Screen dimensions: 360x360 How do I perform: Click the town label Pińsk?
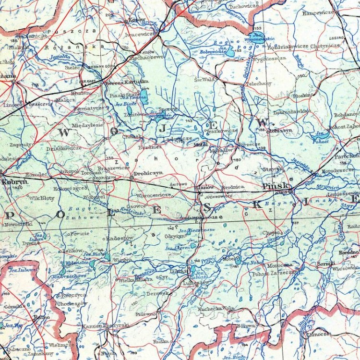276,185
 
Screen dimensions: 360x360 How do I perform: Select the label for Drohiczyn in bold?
148,172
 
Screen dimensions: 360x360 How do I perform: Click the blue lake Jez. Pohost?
320,135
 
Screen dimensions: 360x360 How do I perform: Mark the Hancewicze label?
318,13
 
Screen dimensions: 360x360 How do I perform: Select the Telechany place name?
259,83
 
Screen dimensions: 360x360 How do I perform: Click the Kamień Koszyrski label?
106,326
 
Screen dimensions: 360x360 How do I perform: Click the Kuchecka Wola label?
216,308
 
